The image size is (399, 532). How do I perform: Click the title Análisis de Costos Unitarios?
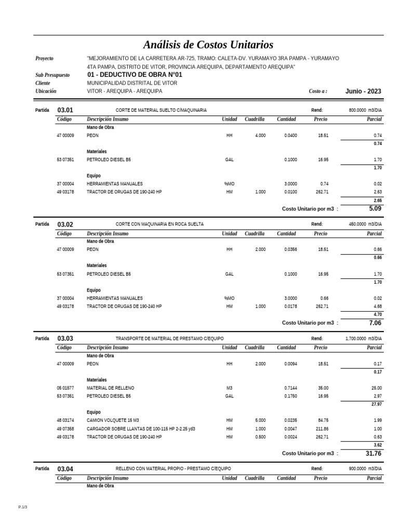coord(208,45)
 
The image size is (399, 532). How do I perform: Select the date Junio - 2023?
coord(363,91)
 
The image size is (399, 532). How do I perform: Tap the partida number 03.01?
coord(65,110)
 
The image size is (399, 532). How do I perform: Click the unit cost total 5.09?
coord(375,208)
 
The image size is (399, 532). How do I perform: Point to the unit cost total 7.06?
coord(375,323)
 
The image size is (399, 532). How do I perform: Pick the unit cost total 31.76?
coord(373,453)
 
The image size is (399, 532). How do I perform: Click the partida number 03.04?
coord(65,469)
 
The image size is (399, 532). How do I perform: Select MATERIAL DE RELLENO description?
coord(110,388)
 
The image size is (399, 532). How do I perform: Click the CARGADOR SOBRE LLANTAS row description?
coord(141,429)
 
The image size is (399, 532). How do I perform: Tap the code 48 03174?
coord(65,420)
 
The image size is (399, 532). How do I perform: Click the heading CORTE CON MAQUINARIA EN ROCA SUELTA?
coord(159,224)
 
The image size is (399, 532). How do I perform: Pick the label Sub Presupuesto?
coord(52,75)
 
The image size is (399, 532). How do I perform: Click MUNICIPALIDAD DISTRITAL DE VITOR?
coord(132,83)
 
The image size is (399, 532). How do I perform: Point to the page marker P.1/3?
coord(22,507)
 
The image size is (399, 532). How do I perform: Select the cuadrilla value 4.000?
coord(260,135)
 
